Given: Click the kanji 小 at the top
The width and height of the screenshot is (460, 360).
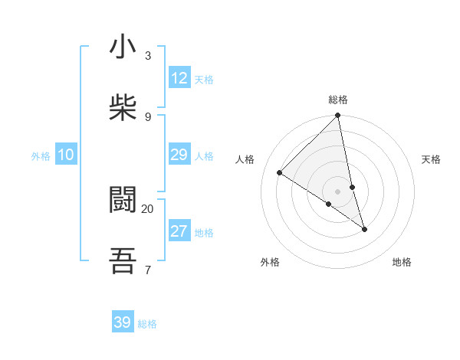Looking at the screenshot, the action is point(123,47).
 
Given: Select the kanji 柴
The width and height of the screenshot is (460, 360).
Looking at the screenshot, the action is point(123,108).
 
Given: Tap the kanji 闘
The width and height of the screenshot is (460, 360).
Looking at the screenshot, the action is point(123,201).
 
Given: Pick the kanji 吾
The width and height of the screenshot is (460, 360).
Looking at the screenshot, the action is point(123,261).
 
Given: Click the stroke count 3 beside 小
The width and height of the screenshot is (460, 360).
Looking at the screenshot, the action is point(148,55).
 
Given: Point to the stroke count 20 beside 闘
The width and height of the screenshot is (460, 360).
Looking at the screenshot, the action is point(148,208).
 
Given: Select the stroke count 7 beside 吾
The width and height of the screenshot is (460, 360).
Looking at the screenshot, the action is point(148,270).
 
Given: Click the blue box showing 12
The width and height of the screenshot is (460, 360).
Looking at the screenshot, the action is point(179,78).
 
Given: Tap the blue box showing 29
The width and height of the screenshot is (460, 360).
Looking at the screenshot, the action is point(179,155).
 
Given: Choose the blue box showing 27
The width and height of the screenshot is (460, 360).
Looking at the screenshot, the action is point(179,231).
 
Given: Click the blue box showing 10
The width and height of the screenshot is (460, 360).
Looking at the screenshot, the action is point(66,155).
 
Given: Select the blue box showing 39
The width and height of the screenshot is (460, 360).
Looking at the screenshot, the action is point(123,322).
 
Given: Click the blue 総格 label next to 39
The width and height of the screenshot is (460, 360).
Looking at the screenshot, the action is point(147,324).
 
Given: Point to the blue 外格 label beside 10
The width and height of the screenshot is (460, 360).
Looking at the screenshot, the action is point(41,156).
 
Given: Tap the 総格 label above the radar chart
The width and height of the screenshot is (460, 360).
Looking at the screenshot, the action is point(338,100).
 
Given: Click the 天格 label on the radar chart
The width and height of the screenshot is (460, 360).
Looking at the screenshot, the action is point(431,159).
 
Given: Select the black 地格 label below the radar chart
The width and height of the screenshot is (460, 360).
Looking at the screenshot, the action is point(402,262).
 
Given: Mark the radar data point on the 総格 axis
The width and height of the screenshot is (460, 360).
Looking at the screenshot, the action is point(338,116).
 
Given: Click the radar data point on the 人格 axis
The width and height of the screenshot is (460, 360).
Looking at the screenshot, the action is point(280,173).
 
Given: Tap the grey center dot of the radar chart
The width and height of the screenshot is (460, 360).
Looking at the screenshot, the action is point(338,191).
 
